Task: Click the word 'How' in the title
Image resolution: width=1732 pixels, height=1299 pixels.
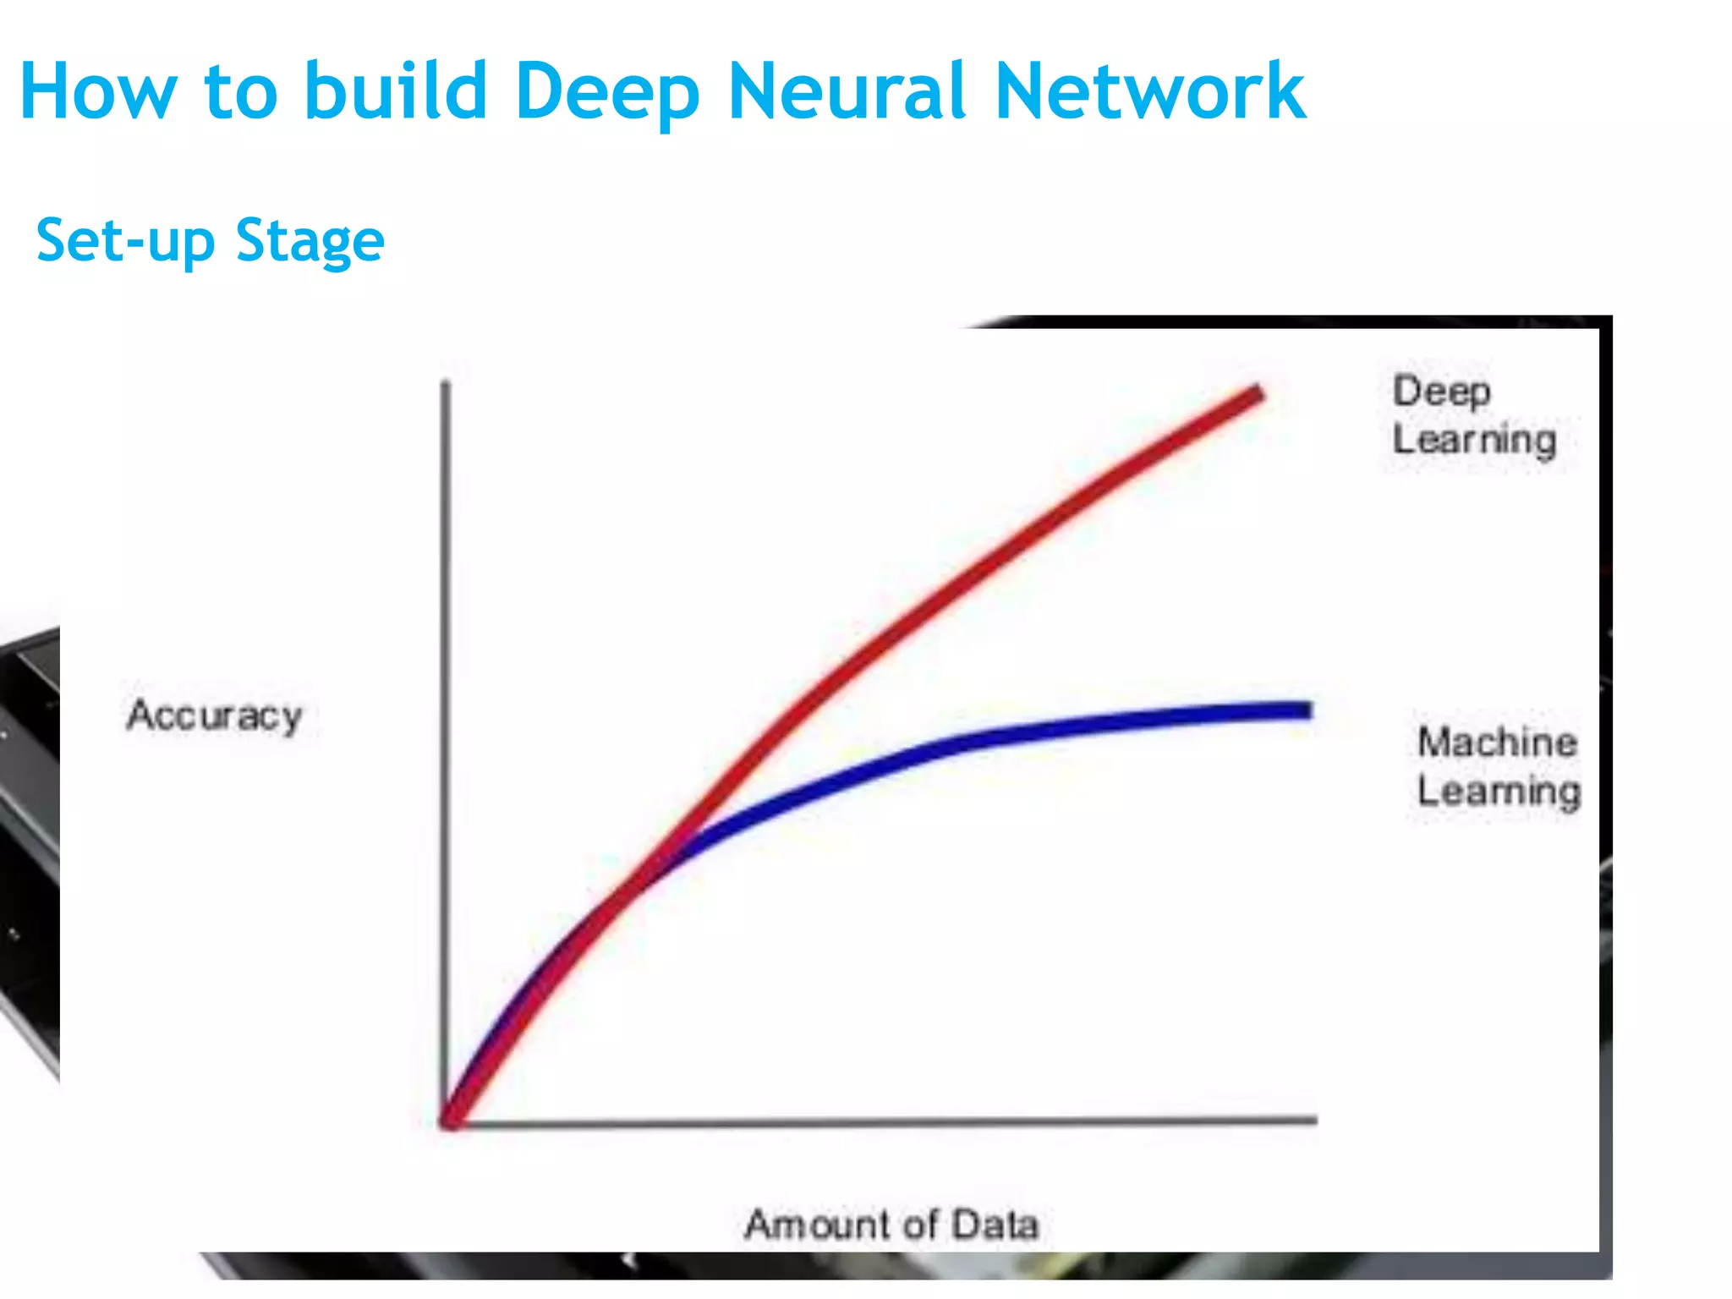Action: coord(98,91)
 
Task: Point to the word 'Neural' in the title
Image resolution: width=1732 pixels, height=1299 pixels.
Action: coord(847,91)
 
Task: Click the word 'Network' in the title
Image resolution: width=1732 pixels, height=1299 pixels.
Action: coord(1150,91)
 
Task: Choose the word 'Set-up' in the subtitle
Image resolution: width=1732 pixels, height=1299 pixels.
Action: coord(126,242)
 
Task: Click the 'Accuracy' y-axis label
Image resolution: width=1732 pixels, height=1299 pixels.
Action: coord(215,716)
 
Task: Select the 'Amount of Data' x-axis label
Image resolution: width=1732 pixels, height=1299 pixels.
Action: coord(891,1225)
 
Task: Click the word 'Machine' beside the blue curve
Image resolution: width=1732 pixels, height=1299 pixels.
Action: coord(1498,743)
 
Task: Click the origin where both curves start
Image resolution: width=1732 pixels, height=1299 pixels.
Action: coord(448,1121)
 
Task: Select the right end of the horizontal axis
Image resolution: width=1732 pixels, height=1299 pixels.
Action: coord(1314,1120)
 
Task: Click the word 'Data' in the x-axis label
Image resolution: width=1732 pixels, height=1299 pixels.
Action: coord(995,1225)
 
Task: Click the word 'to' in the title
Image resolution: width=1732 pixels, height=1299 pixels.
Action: coord(240,91)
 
